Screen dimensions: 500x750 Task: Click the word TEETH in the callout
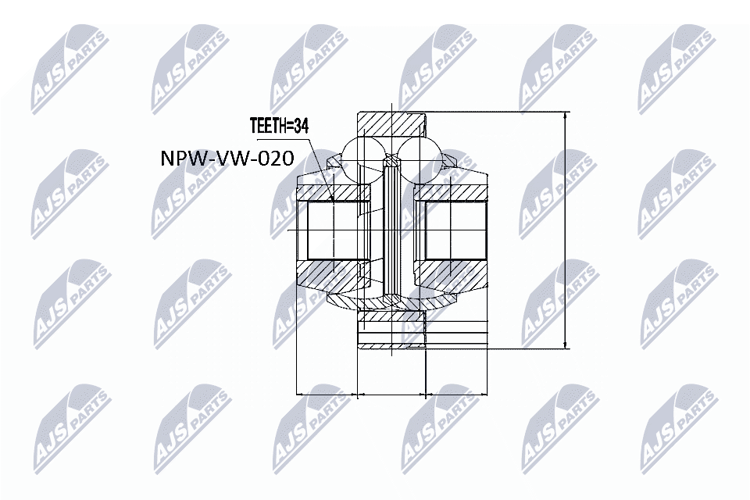[267, 126]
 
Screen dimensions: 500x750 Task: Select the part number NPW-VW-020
[227, 160]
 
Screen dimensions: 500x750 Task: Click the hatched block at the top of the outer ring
[390, 123]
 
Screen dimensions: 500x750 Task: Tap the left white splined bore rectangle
[334, 230]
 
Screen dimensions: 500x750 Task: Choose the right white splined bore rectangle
[455, 230]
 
